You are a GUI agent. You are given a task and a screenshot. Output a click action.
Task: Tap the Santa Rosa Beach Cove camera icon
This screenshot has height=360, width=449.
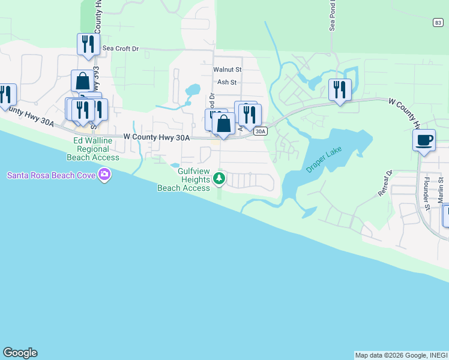106,175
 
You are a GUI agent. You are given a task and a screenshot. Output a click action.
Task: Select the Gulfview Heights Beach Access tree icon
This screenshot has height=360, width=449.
220,178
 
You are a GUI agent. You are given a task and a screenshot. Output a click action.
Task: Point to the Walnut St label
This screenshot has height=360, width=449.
228,70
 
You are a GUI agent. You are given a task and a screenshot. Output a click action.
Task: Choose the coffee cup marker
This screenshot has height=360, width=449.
424,140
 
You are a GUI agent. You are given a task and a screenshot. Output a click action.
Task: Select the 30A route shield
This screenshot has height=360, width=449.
259,131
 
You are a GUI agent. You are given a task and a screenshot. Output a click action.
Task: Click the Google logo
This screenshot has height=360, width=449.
20,353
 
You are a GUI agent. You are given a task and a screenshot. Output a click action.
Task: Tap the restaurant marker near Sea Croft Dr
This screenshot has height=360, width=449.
88,44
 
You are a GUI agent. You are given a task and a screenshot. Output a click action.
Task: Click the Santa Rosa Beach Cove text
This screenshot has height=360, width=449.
53,175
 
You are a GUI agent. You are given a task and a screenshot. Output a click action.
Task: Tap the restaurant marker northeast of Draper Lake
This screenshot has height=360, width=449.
340,90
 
